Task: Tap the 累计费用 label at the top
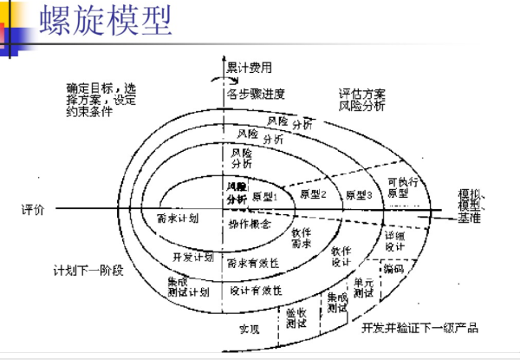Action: point(249,67)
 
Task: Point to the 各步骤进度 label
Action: point(257,92)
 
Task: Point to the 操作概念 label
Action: point(250,224)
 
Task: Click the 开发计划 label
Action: point(193,257)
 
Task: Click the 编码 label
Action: point(393,269)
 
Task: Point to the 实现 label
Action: point(250,330)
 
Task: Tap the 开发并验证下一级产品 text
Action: point(419,330)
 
